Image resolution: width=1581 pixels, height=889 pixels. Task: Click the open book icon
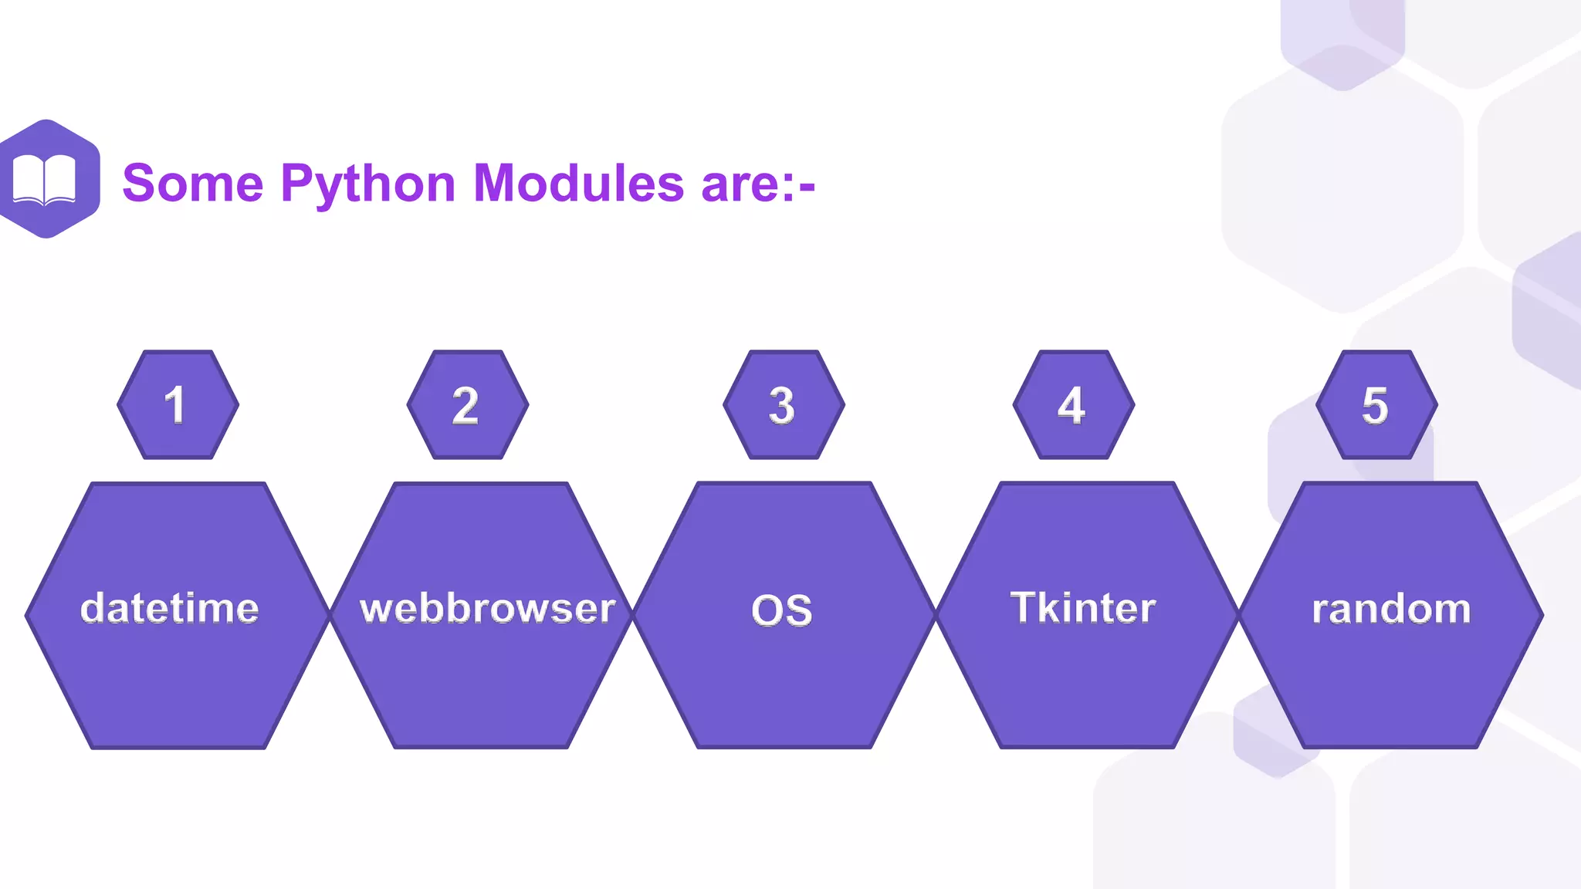[45, 180]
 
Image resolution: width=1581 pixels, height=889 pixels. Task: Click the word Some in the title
[193, 184]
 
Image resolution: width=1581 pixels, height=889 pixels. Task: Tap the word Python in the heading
[367, 185]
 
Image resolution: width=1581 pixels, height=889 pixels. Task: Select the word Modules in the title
[578, 184]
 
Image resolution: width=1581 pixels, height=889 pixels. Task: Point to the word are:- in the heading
[757, 185]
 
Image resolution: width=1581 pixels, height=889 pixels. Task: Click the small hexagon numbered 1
[178, 405]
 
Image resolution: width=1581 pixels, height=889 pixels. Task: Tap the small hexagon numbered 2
[467, 405]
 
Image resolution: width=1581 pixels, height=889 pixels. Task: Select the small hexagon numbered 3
[784, 405]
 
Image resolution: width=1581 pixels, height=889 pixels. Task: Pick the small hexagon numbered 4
[1073, 405]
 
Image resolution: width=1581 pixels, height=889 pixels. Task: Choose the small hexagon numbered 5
[1376, 405]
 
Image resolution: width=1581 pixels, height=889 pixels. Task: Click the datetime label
[170, 608]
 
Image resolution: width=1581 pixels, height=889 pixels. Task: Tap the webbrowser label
[488, 608]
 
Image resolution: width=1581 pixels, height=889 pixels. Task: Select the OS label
[782, 610]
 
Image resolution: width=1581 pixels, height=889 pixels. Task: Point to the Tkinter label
[1083, 607]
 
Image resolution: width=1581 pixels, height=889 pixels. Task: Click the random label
[1391, 609]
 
